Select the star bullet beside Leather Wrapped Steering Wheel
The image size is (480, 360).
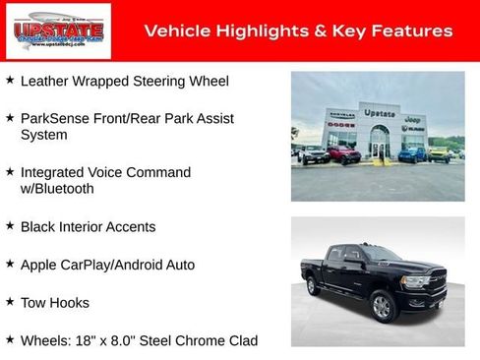point(10,80)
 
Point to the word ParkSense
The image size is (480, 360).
point(54,118)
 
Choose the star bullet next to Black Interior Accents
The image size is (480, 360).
point(10,226)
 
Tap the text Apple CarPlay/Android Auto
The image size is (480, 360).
point(107,265)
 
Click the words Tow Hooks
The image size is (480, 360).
point(54,303)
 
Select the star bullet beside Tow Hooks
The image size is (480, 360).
point(10,302)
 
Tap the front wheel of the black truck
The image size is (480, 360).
point(384,306)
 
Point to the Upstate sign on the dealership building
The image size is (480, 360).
point(379,113)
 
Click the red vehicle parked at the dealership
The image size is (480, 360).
point(344,154)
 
